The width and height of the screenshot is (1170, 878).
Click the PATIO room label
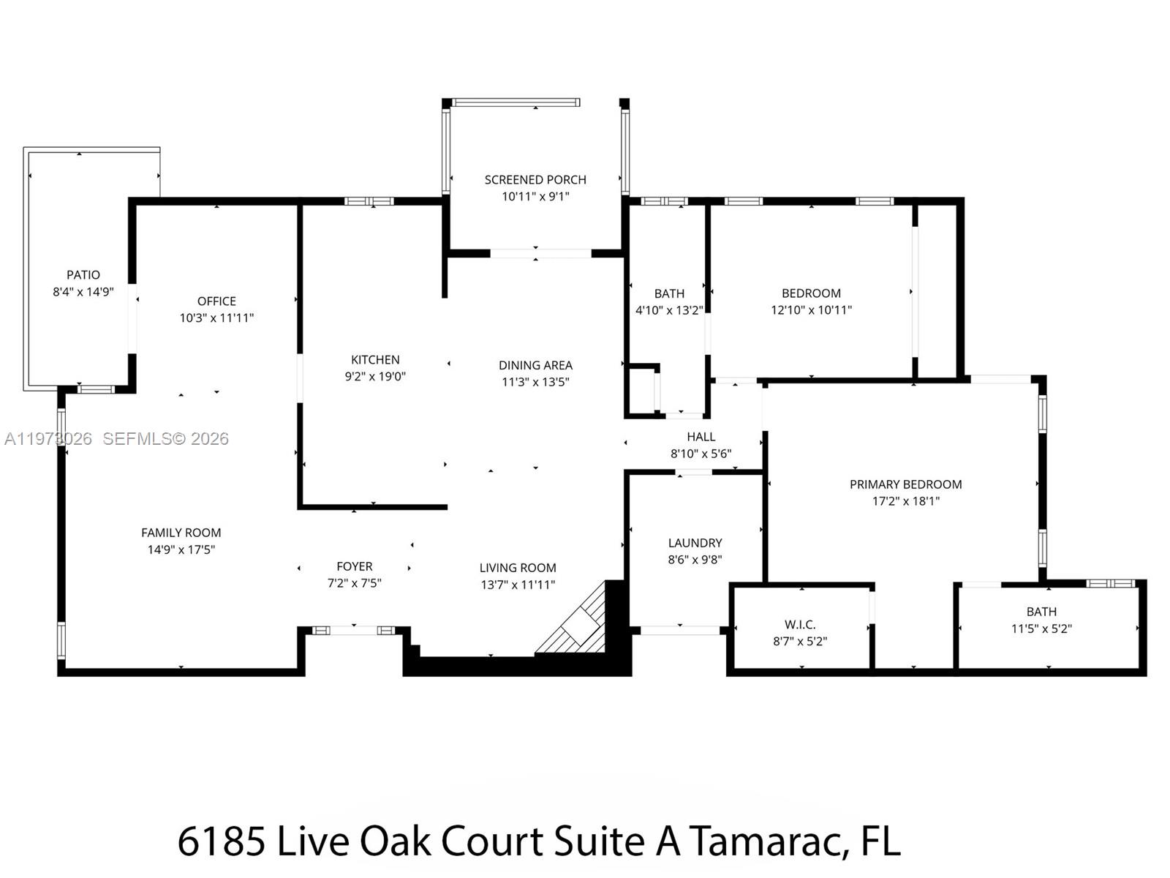coord(83,275)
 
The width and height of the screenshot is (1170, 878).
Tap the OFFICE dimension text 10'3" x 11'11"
coord(216,318)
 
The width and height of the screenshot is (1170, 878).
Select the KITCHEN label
coord(375,360)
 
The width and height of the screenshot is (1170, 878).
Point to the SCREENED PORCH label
coord(535,180)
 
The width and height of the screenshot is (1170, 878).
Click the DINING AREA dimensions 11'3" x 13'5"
coord(535,382)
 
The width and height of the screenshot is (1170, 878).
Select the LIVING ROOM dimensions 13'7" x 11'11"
coord(518,585)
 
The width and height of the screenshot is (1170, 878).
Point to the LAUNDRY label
coord(695,543)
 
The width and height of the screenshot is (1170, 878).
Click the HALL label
coord(701,437)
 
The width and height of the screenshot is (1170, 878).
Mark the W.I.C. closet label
coord(800,625)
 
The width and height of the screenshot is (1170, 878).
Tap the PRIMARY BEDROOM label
coord(905,484)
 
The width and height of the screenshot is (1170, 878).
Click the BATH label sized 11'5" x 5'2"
coord(1041,612)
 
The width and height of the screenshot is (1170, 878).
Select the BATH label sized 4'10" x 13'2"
coord(669,293)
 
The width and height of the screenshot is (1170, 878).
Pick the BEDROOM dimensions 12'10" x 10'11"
coord(811,310)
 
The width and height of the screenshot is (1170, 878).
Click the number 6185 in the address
coord(221,841)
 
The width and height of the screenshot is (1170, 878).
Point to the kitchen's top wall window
coord(369,201)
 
